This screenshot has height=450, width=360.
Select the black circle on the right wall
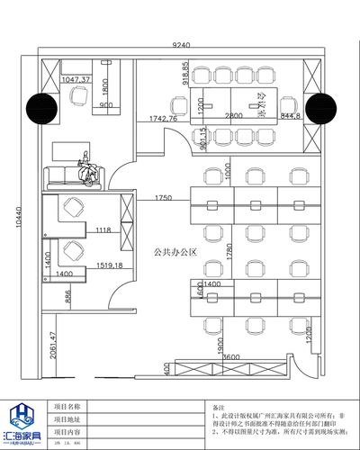318,109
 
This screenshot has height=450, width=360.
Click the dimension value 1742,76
162,119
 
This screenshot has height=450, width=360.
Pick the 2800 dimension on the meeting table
234,116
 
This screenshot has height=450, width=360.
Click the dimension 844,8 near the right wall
291,116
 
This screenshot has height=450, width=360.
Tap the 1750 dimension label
163,197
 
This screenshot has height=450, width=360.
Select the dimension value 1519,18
109,266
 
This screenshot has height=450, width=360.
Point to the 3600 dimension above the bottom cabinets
231,357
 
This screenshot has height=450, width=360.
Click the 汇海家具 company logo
25,419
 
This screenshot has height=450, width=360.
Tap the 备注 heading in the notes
219,407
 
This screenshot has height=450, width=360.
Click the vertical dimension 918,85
186,72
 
